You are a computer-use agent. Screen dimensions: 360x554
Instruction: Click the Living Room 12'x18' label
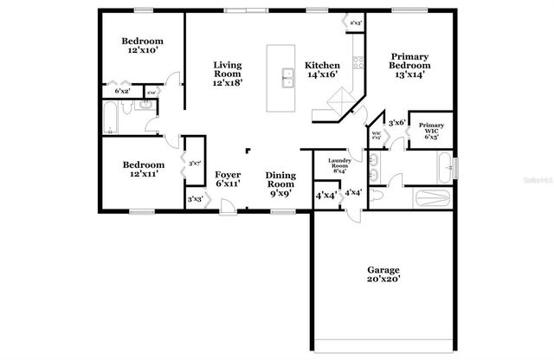pyautogui.click(x=228, y=74)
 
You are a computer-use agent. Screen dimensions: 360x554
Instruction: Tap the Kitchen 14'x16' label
pyautogui.click(x=321, y=70)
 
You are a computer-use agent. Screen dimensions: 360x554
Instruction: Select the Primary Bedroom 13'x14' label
pyautogui.click(x=409, y=65)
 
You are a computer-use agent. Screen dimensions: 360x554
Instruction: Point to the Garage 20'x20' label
pyautogui.click(x=383, y=273)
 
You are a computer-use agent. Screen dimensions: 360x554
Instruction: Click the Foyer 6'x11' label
pyautogui.click(x=228, y=179)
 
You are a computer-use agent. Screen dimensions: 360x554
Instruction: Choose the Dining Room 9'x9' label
pyautogui.click(x=280, y=184)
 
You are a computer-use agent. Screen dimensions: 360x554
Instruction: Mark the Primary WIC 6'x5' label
pyautogui.click(x=431, y=132)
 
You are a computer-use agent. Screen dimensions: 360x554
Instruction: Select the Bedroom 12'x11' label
pyautogui.click(x=143, y=170)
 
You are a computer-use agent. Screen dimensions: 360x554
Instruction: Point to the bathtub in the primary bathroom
pyautogui.click(x=444, y=164)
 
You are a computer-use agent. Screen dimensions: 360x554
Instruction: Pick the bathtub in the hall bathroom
pyautogui.click(x=110, y=119)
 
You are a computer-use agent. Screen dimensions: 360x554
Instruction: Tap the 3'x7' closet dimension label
pyautogui.click(x=195, y=163)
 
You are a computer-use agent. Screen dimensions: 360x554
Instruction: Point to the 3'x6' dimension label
pyautogui.click(x=397, y=123)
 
